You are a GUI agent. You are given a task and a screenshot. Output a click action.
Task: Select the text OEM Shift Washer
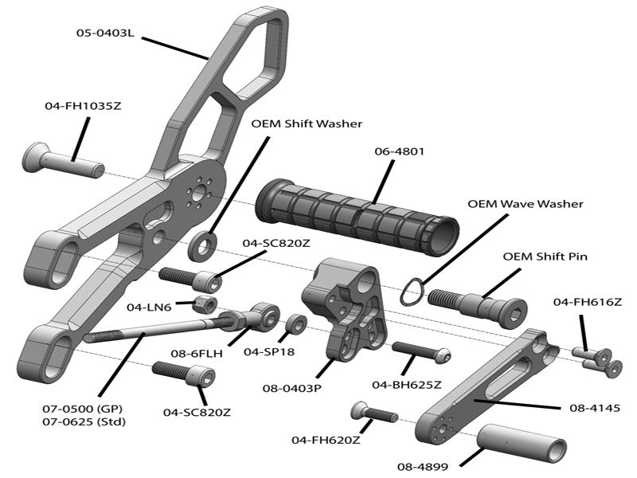(307, 123)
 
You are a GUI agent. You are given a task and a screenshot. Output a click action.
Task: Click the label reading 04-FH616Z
(587, 302)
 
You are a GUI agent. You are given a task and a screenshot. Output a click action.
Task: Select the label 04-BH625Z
(406, 385)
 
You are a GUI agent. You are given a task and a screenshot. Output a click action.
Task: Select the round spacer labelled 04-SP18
(296, 324)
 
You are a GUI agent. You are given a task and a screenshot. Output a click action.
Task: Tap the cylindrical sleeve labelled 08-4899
(522, 440)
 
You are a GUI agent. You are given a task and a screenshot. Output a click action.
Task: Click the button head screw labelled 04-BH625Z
(421, 351)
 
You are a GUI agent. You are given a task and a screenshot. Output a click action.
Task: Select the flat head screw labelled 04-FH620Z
(373, 413)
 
